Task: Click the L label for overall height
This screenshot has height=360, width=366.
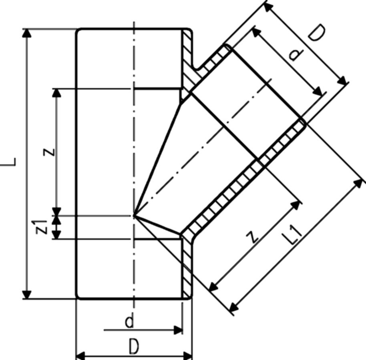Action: [12, 162]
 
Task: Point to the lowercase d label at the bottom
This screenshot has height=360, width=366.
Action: [129, 321]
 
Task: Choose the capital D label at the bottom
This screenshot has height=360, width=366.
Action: [134, 346]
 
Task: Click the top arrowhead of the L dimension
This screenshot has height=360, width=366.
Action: [27, 33]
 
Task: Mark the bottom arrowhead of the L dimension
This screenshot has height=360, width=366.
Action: [27, 295]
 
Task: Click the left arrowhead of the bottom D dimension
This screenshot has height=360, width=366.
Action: [80, 355]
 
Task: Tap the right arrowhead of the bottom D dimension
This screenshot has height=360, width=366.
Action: [188, 355]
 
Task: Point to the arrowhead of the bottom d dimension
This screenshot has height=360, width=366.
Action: [179, 330]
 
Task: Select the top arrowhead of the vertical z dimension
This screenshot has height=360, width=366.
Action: [57, 92]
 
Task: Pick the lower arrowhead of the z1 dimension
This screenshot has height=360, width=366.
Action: [57, 235]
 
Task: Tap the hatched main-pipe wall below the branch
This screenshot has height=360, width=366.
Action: [188, 264]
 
